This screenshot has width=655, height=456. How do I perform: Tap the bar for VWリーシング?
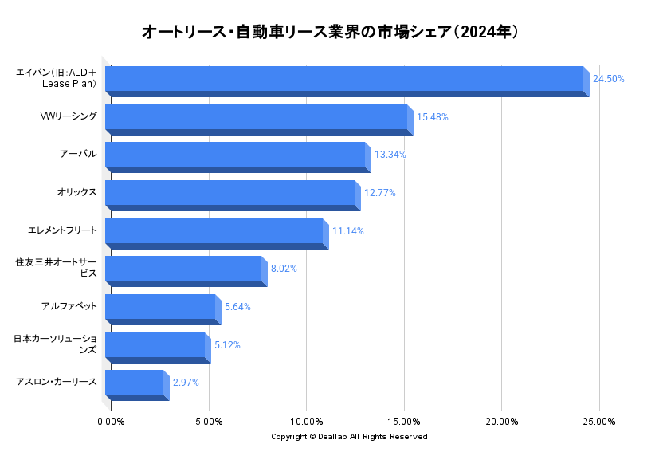(256, 118)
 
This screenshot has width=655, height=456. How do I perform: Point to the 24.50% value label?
(608, 79)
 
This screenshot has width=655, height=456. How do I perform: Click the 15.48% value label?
(432, 117)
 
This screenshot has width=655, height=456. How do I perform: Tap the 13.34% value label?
(390, 155)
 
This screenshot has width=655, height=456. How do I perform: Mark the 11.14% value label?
(347, 231)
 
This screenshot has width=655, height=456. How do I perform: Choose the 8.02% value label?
(284, 269)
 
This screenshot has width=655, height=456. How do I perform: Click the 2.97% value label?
(186, 383)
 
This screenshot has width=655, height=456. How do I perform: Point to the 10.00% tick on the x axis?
(306, 422)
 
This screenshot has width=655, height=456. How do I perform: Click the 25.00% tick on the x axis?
(599, 422)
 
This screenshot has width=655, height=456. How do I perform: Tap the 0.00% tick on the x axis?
(111, 422)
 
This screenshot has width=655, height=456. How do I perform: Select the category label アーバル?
(78, 154)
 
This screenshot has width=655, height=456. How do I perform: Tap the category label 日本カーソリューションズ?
(55, 344)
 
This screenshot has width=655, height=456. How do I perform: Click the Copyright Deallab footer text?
(350, 437)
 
